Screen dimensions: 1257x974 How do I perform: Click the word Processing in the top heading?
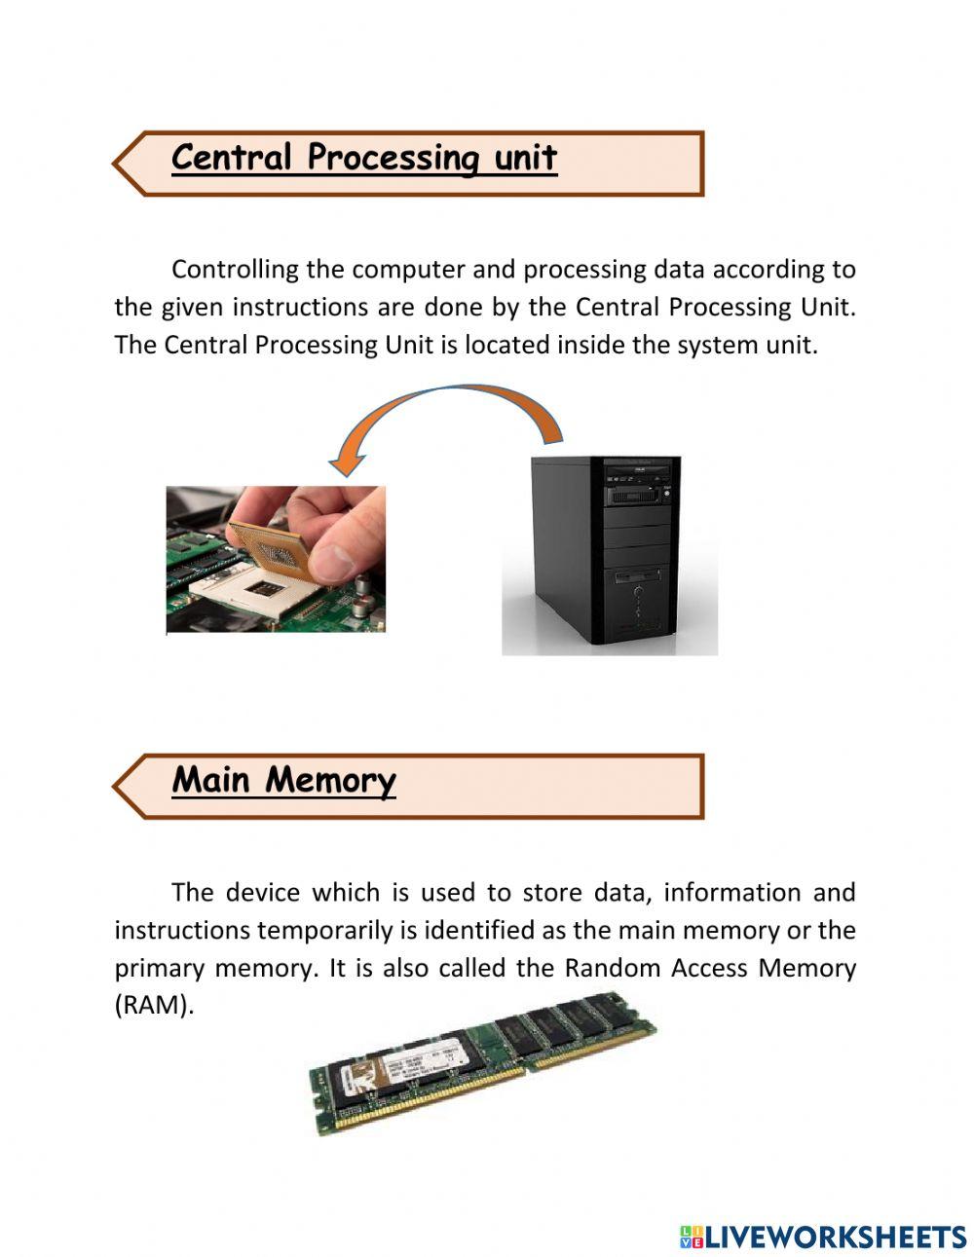[393, 158]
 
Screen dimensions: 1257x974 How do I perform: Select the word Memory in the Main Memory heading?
[330, 780]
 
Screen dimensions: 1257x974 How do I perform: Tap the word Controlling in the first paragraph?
[234, 270]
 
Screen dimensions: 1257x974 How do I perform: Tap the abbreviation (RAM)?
[154, 1006]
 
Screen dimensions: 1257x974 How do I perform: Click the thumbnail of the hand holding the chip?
[276, 559]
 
